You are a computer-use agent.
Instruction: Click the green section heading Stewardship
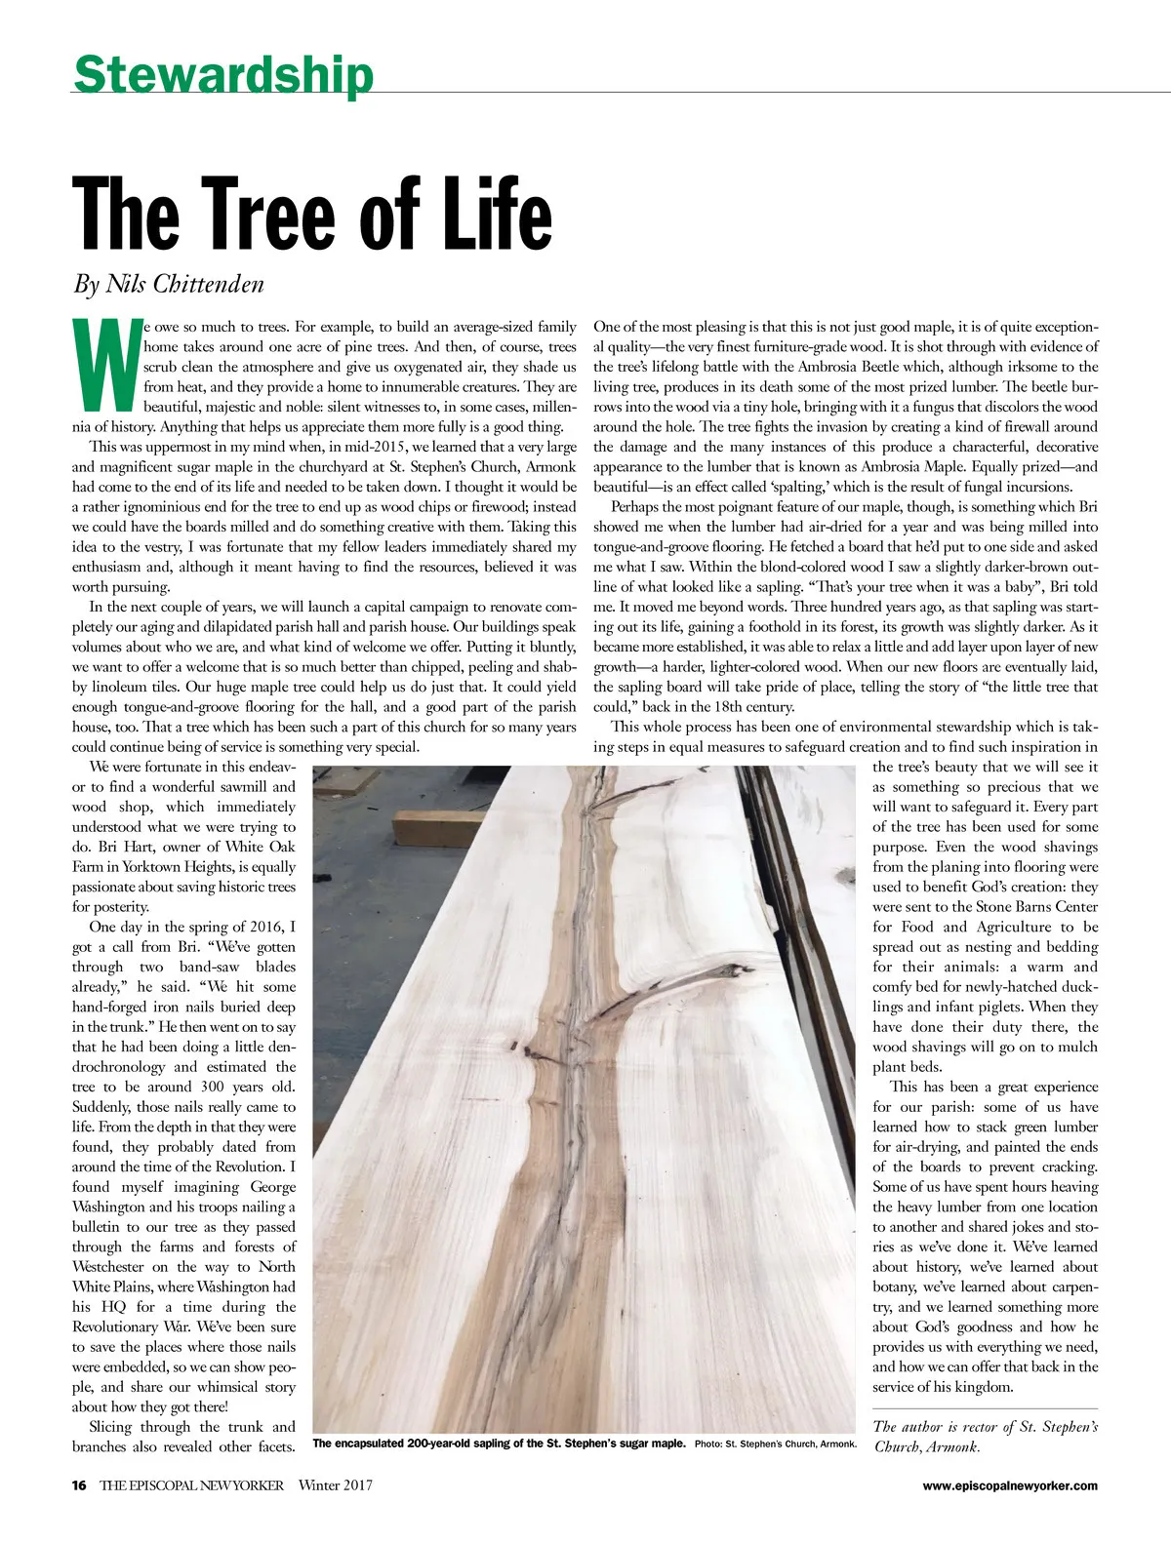222,74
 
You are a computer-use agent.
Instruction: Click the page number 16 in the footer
79,1485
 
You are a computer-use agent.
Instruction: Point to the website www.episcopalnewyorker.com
1010,1485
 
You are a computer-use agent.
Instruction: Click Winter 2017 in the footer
336,1485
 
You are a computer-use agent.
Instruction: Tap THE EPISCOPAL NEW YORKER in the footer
191,1485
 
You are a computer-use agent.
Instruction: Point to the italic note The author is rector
986,1436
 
